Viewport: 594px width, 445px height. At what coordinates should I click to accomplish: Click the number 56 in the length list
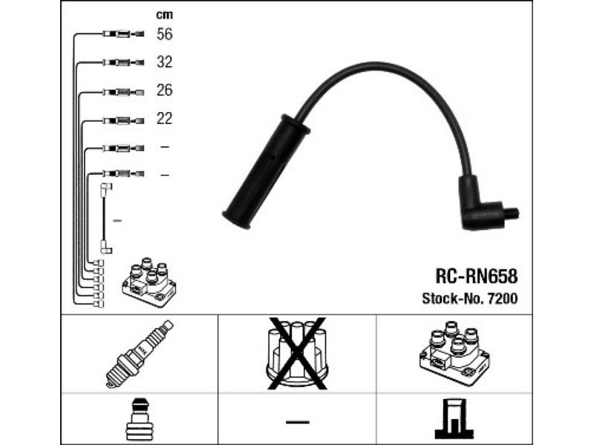[164, 34]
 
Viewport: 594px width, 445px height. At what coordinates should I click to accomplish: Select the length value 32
[164, 62]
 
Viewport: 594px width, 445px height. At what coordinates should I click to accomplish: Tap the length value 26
[164, 90]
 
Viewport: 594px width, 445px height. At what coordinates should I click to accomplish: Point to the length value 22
[164, 119]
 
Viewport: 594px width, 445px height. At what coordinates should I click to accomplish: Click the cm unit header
[164, 14]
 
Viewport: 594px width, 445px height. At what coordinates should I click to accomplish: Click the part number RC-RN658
[476, 276]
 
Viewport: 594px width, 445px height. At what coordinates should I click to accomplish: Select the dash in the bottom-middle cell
[297, 422]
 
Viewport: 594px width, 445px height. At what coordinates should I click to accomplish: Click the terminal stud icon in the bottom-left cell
[140, 421]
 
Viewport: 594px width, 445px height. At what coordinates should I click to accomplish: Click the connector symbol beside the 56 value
[123, 34]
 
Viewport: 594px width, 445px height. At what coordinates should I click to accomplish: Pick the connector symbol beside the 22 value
[123, 119]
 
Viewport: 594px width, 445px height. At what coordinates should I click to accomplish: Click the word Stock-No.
[449, 298]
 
